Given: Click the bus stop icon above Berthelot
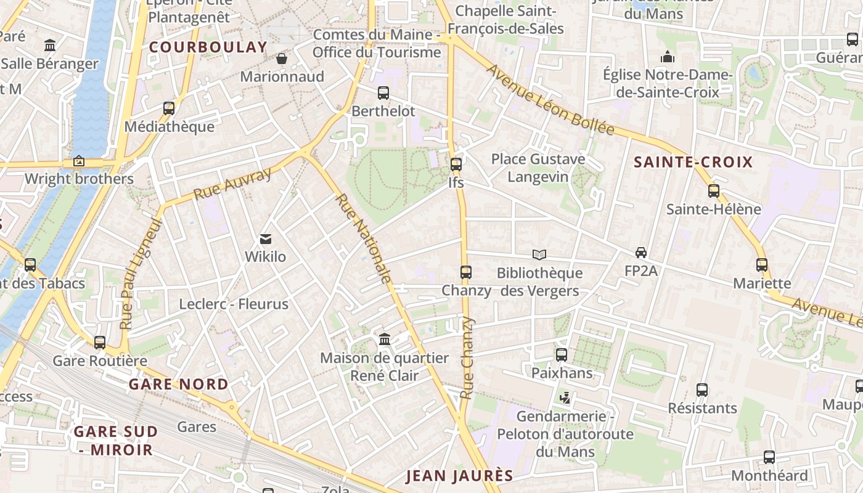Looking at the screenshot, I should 383,93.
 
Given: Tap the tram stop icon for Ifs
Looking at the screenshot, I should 456,165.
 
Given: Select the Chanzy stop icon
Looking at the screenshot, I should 466,272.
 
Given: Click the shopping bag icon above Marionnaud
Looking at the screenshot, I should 282,59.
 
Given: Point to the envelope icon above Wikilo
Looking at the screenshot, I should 266,238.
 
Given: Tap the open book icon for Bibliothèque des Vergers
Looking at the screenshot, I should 539,255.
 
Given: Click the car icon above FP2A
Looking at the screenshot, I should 641,253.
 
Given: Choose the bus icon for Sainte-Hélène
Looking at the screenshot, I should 714,191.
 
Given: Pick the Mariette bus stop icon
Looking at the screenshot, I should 762,265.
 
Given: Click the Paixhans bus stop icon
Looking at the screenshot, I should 562,355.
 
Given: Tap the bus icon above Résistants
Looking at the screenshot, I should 702,390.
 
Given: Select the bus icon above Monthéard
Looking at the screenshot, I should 769,457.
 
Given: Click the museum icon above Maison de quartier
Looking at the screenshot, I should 385,340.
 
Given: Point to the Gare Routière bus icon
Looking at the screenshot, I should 100,343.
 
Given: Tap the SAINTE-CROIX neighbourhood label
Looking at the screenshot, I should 693,162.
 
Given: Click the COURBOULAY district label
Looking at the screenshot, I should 208,47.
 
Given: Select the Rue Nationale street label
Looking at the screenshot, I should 364,239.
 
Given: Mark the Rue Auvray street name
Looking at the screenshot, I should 232,184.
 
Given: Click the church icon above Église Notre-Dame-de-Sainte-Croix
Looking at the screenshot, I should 668,57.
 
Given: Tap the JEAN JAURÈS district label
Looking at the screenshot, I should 459,475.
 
